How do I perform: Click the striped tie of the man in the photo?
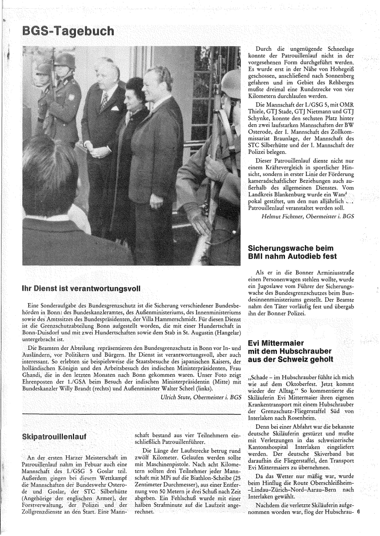104,100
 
